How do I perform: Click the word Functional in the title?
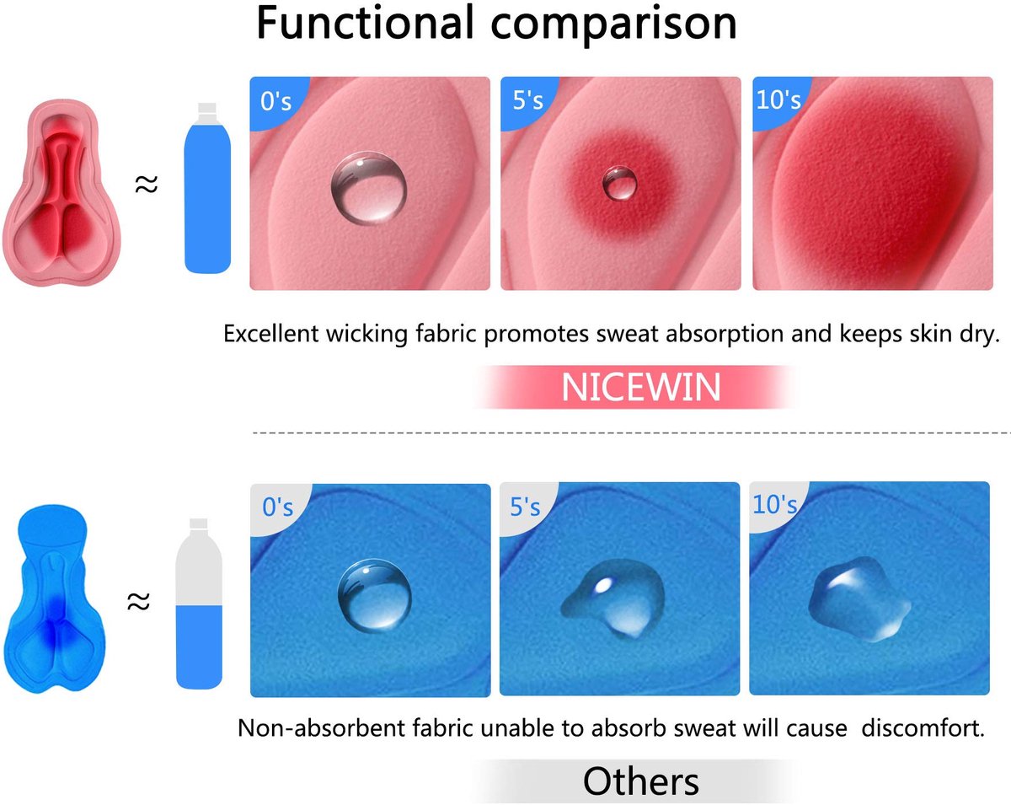[365, 23]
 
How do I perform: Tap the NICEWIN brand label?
[641, 388]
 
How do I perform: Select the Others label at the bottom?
[641, 781]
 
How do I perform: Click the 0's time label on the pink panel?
[275, 101]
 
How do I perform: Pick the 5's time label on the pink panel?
[527, 100]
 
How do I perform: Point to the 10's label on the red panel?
[778, 99]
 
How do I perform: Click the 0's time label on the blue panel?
[277, 507]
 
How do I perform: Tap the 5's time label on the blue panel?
[525, 507]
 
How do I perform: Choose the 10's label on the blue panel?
[775, 505]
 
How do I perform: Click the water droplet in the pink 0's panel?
[369, 187]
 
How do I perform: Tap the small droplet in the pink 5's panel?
[620, 183]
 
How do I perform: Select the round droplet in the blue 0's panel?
[374, 595]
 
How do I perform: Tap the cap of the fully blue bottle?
[207, 108]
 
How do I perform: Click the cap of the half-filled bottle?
[198, 523]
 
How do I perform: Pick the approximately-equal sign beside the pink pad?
[147, 185]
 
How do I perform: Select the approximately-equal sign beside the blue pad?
[138, 601]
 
